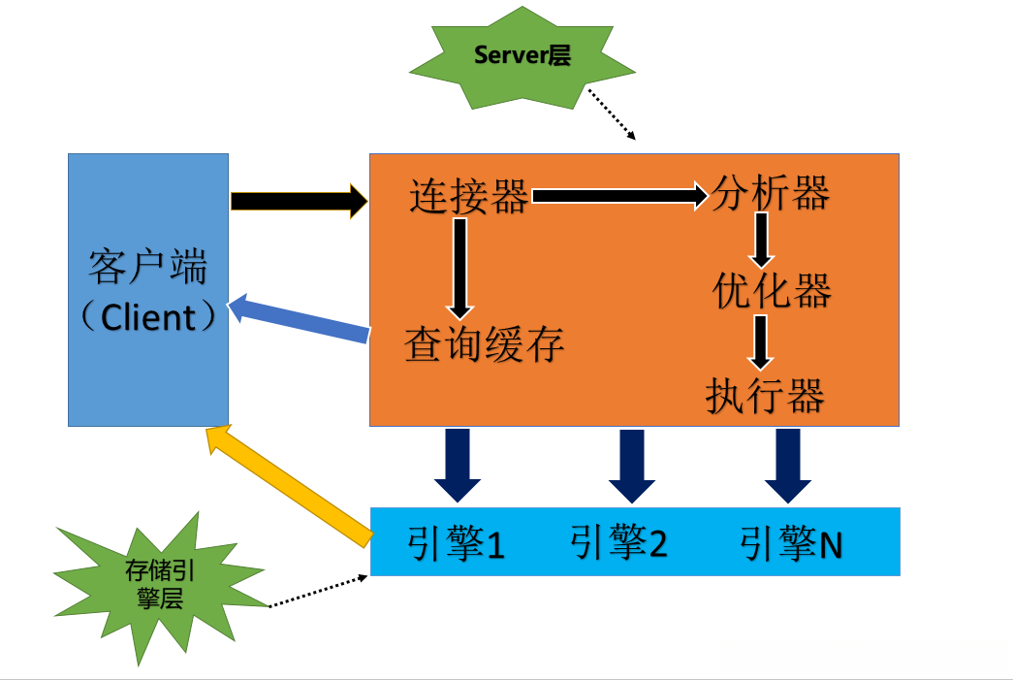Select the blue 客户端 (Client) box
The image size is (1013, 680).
pyautogui.click(x=148, y=289)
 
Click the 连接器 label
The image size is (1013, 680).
pyautogui.click(x=469, y=197)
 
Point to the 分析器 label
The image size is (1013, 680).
pyautogui.click(x=771, y=194)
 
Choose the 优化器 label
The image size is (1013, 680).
pyautogui.click(x=772, y=290)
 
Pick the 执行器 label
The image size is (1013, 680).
pyautogui.click(x=766, y=396)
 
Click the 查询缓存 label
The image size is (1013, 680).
pyautogui.click(x=484, y=344)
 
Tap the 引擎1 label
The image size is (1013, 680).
pyautogui.click(x=456, y=543)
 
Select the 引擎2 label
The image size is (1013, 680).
pyautogui.click(x=619, y=543)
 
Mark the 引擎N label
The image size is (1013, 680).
pyautogui.click(x=791, y=543)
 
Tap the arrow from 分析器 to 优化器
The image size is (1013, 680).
pyautogui.click(x=762, y=240)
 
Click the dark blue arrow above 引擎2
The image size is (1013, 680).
pyautogui.click(x=632, y=466)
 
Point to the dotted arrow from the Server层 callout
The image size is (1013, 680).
pyautogui.click(x=611, y=114)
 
